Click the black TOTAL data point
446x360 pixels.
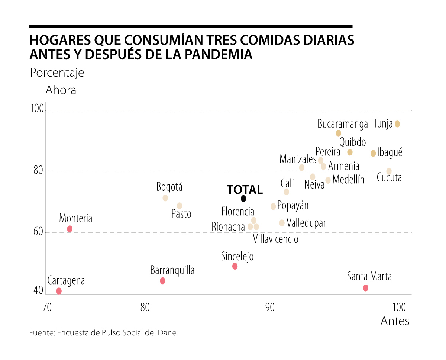pyautogui.click(x=243, y=199)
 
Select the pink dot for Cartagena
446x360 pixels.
pyautogui.click(x=59, y=291)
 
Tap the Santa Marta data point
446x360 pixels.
pyautogui.click(x=366, y=288)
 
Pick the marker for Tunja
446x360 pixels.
pyautogui.click(x=397, y=124)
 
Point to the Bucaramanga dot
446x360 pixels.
pyautogui.click(x=338, y=133)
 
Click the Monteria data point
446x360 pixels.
pyautogui.click(x=70, y=229)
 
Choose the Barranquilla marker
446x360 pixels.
pyautogui.click(x=162, y=281)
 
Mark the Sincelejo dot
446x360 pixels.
pyautogui.click(x=235, y=266)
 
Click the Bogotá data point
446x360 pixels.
pyautogui.click(x=165, y=198)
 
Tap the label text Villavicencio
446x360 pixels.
pyautogui.click(x=275, y=239)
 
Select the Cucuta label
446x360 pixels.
pyautogui.click(x=389, y=177)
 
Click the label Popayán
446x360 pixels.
pyautogui.click(x=293, y=206)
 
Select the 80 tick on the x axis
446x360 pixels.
pyautogui.click(x=145, y=308)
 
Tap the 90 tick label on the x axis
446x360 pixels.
pyautogui.click(x=270, y=308)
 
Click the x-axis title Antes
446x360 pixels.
pyautogui.click(x=395, y=321)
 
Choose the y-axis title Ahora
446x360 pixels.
pyautogui.click(x=61, y=90)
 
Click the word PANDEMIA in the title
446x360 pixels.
pyautogui.click(x=218, y=54)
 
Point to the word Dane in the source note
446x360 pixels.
pyautogui.click(x=168, y=333)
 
